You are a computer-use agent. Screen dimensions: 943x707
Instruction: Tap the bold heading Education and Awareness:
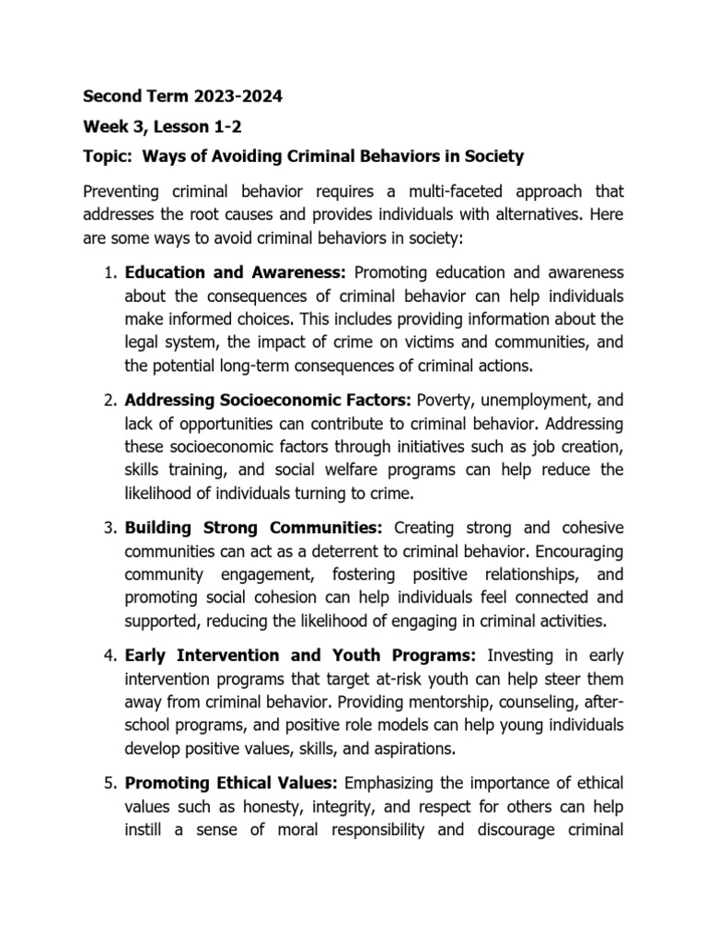click(235, 273)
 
